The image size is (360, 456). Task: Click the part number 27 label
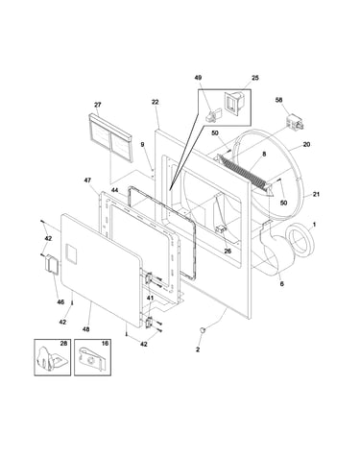tap(98, 105)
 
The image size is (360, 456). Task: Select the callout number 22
tap(155, 102)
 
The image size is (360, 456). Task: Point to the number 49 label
tap(198, 78)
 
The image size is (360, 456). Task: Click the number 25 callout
tap(255, 78)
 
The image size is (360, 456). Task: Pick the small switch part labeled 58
tap(295, 122)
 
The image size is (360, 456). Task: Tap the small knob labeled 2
tap(203, 331)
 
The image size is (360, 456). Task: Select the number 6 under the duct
tap(282, 283)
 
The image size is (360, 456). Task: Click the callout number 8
tap(264, 154)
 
